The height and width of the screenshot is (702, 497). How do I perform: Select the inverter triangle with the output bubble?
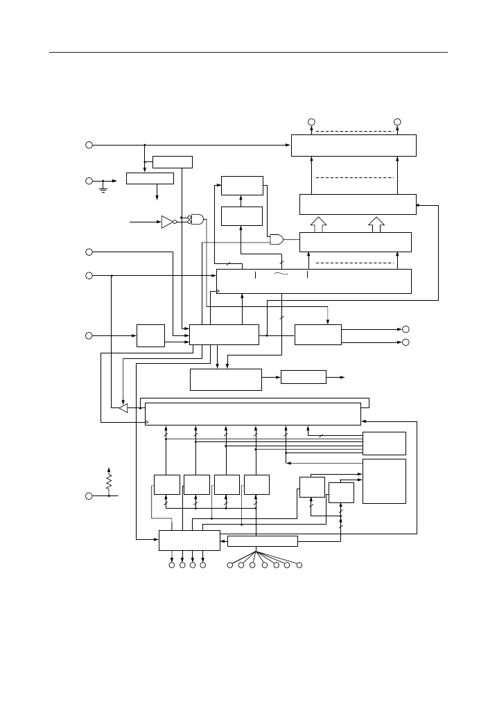click(168, 222)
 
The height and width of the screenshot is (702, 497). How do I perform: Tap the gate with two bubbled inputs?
click(197, 219)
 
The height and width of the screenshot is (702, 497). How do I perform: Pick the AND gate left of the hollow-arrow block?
click(276, 240)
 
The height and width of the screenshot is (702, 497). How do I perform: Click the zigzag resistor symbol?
click(109, 480)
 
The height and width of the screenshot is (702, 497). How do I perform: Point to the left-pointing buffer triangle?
click(123, 408)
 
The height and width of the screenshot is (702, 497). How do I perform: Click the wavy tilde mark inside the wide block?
click(281, 275)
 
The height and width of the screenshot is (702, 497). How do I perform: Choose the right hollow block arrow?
click(376, 224)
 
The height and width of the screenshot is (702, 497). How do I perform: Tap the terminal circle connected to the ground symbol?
click(89, 181)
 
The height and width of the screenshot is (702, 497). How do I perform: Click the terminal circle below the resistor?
click(89, 496)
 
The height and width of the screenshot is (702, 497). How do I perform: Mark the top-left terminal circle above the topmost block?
click(311, 123)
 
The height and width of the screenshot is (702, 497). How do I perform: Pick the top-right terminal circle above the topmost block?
click(397, 123)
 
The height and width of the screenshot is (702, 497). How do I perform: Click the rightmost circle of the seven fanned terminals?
click(299, 566)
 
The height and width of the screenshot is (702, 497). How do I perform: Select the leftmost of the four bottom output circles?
click(172, 566)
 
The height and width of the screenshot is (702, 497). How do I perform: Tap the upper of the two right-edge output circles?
click(406, 329)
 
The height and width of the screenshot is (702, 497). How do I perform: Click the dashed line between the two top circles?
click(354, 131)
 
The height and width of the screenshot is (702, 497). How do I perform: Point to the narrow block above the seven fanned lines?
click(262, 541)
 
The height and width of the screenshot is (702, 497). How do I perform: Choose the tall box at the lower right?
click(385, 481)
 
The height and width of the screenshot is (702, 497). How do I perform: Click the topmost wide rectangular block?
click(354, 145)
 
